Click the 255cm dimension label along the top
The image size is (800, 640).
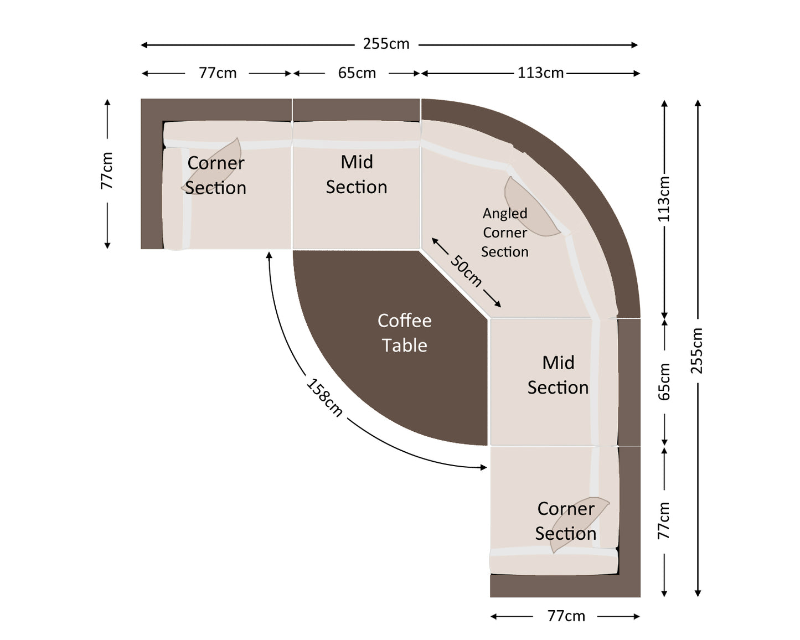[386, 44]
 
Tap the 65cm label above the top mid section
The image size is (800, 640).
[357, 73]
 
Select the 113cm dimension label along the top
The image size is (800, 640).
[540, 73]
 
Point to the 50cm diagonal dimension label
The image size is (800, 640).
[466, 271]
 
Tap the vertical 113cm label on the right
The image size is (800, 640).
[664, 199]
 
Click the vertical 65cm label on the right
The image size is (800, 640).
[664, 382]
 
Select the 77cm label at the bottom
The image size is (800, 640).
[566, 616]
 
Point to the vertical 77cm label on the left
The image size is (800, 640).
[107, 171]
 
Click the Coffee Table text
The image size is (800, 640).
[405, 333]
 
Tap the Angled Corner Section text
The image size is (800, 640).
[504, 233]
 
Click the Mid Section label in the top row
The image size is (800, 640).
[357, 174]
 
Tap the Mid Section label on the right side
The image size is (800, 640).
[558, 375]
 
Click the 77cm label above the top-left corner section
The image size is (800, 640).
[218, 73]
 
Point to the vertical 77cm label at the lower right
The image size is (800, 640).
[664, 520]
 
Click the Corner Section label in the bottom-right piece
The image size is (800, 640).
[565, 521]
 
